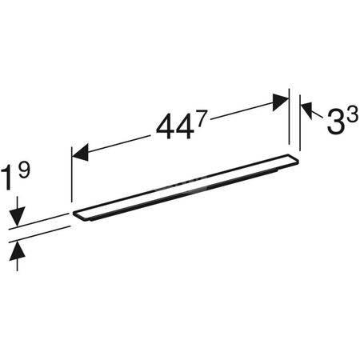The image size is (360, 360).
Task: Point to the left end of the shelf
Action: [78, 215]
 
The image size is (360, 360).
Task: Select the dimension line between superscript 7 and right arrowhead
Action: [240, 110]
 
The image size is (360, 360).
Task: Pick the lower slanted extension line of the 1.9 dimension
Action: [40, 234]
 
